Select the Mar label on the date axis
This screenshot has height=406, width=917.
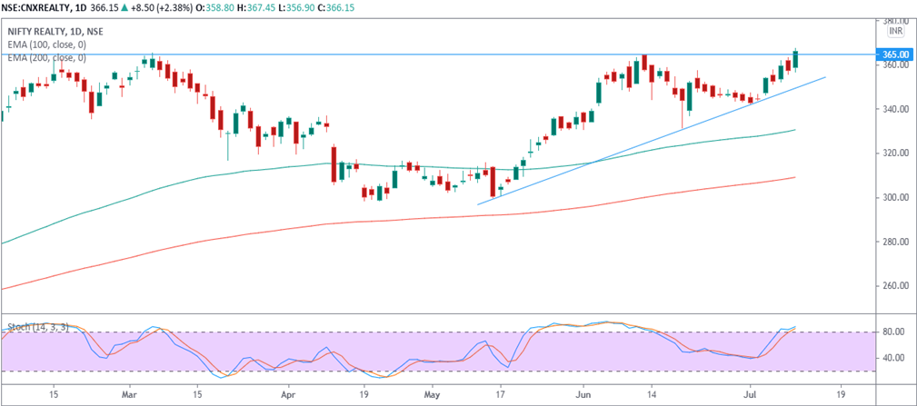pos(129,396)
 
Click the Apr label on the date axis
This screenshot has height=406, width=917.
pos(288,396)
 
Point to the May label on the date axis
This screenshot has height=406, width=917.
pos(432,396)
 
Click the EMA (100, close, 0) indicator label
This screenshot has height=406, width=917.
pos(46,45)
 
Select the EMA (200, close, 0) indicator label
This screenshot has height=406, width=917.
pos(46,58)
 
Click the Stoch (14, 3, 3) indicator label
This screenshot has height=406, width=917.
pos(33,324)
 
